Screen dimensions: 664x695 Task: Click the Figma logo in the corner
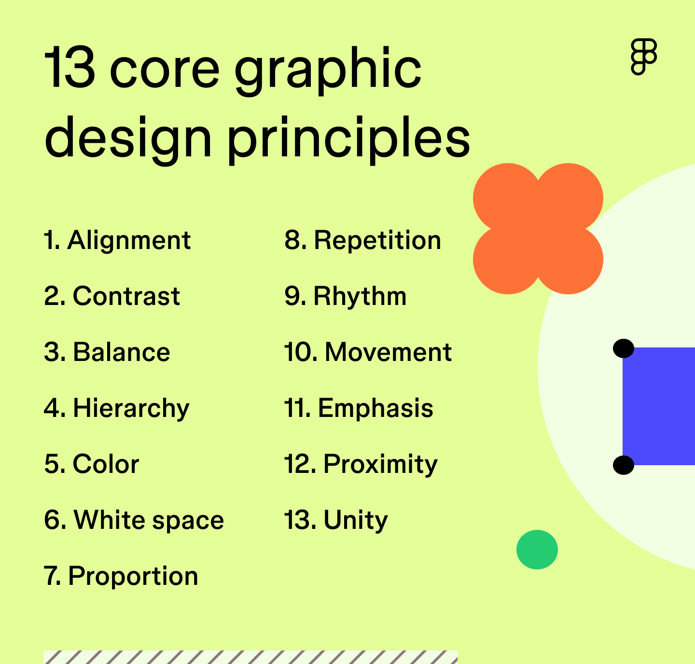(644, 57)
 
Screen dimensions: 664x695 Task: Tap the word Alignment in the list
(129, 240)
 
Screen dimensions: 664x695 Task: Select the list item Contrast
(126, 296)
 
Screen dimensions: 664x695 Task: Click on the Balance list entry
(121, 352)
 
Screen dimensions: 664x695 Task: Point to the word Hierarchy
(131, 409)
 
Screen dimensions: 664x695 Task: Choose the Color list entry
(106, 464)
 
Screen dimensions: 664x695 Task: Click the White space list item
(148, 520)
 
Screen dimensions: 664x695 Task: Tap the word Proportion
(133, 576)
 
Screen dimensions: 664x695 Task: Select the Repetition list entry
(377, 240)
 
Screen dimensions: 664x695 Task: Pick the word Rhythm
(360, 296)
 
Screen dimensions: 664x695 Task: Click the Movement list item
(388, 352)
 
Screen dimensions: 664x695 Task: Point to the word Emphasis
(375, 409)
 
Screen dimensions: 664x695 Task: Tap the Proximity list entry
(380, 464)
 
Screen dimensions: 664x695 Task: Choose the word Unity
(355, 520)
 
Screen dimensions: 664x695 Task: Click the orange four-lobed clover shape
(538, 229)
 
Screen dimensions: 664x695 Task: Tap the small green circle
(537, 550)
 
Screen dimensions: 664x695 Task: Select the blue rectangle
(659, 406)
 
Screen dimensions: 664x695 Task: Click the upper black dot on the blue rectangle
(623, 348)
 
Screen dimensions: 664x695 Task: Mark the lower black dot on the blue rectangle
(623, 465)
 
